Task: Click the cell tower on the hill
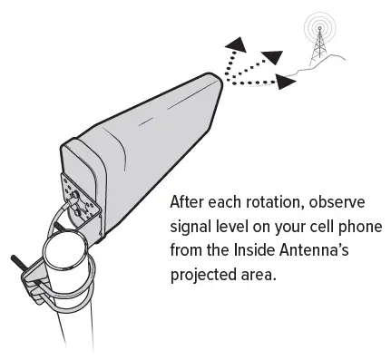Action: (318, 47)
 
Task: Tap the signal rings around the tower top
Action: (318, 24)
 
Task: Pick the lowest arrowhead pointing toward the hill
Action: (285, 83)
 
